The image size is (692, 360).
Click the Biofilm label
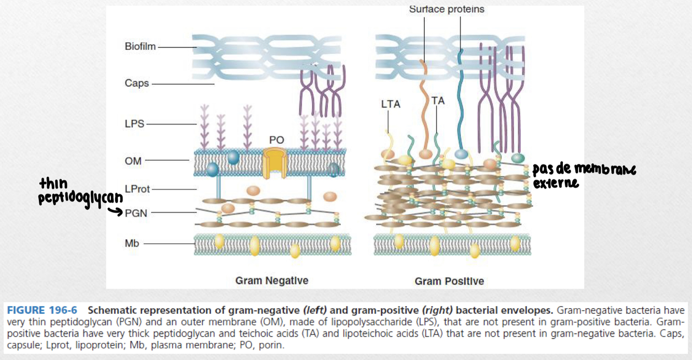point(140,47)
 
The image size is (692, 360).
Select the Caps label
point(136,83)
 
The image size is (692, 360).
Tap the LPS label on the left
point(134,124)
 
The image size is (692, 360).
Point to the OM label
point(133,161)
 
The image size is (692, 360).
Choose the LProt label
point(137,189)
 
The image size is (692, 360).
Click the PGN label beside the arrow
point(136,212)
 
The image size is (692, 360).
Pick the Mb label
point(132,243)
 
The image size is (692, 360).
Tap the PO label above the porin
point(276,140)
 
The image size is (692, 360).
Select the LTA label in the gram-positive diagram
point(390,104)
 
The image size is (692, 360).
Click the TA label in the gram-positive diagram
point(438,101)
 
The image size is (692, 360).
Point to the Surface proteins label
point(446,9)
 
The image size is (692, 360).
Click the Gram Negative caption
point(271,281)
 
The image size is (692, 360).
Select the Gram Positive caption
point(449,281)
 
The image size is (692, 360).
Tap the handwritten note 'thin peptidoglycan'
point(80,191)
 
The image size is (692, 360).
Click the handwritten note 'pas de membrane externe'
point(583,175)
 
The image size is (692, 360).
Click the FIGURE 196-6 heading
point(41,310)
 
